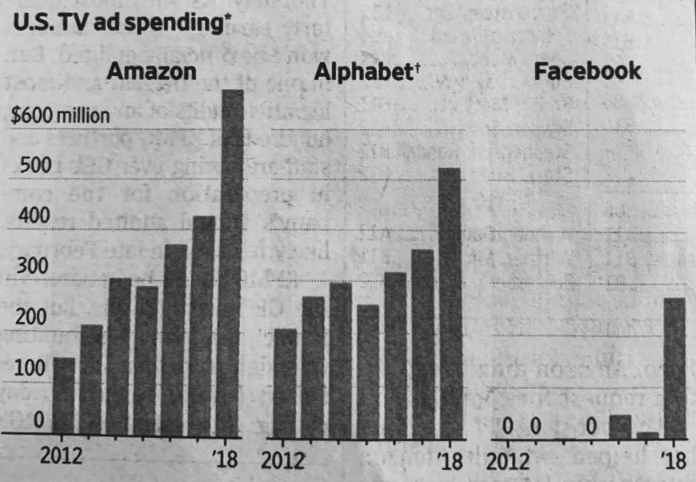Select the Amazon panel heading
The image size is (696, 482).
pos(151,71)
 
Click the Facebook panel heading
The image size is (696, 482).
pos(587,71)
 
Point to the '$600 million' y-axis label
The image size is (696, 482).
pos(61,114)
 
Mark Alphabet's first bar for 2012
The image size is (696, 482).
pos(286,380)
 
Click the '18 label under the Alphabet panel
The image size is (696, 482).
pos(450,461)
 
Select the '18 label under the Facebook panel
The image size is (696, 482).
pos(674,461)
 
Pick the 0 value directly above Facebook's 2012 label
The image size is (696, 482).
pos(507,426)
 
